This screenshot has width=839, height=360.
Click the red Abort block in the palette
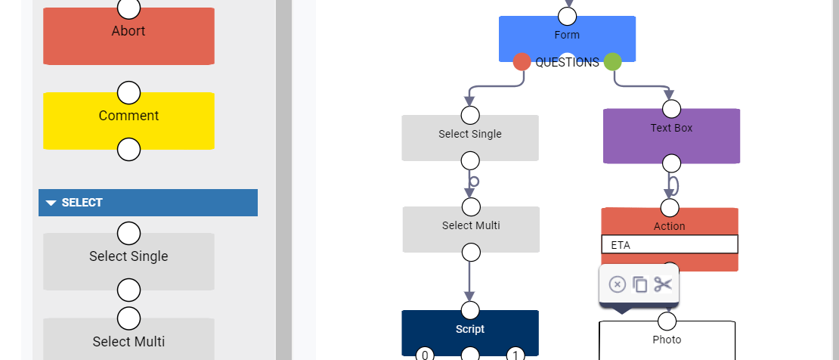tap(128, 38)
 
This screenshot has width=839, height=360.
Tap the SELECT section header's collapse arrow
tap(51, 203)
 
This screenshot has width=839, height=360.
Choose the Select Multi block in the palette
tap(128, 342)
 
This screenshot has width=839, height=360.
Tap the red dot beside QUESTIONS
tap(522, 62)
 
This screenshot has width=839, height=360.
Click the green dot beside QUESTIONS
tap(613, 62)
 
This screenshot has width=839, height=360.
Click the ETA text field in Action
tap(670, 245)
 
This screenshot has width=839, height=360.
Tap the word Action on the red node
tap(670, 226)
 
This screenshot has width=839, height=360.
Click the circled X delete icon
tap(617, 284)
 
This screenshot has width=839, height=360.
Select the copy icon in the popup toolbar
tap(640, 284)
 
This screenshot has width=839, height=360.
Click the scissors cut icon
tap(663, 284)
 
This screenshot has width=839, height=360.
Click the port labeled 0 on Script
tap(425, 354)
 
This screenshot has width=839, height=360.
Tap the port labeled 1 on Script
tap(515, 354)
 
